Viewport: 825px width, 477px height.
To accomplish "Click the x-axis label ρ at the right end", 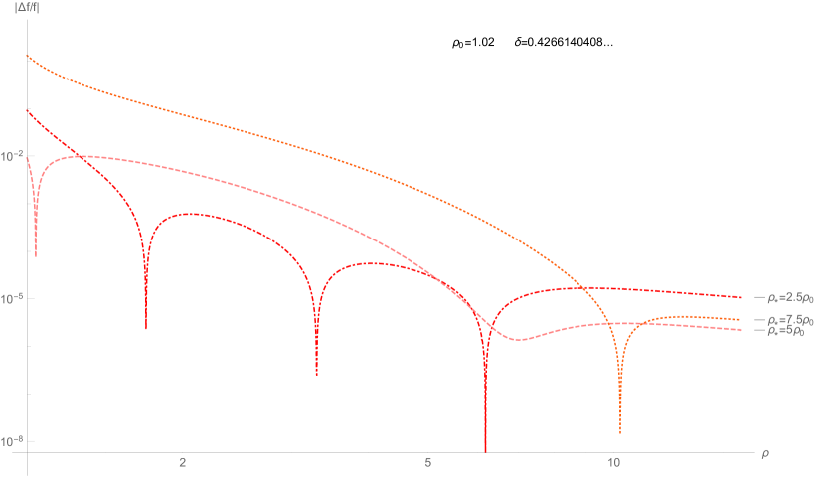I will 765,454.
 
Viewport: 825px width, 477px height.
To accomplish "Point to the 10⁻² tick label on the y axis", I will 11,156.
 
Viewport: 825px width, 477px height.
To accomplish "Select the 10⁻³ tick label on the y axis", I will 11,298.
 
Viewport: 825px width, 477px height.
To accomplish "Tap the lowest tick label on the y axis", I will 11,440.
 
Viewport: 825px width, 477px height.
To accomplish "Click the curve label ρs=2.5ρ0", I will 789,297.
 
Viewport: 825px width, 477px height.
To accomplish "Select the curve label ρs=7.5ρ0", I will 789,320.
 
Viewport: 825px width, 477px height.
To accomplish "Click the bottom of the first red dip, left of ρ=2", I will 146,327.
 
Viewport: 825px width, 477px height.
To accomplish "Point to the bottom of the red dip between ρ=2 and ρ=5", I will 316,374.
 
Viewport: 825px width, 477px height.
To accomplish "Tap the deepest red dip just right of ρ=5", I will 485,449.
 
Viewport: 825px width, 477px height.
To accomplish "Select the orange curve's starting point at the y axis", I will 27,56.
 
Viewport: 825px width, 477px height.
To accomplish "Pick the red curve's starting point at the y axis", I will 27,109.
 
